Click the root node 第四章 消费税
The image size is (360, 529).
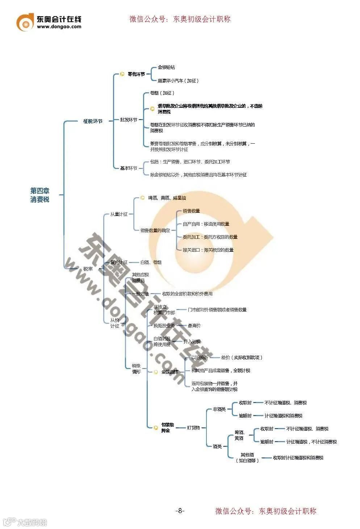(x=40, y=195)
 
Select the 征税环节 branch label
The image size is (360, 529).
(x=93, y=121)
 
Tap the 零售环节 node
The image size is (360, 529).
(x=136, y=74)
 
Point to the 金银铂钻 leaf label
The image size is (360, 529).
(x=166, y=67)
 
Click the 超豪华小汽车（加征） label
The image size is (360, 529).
(x=178, y=81)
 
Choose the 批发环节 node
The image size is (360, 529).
(x=129, y=120)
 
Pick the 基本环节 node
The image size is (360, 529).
(x=129, y=168)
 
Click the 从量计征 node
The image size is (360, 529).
(x=119, y=214)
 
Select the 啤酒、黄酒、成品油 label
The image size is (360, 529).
(x=167, y=198)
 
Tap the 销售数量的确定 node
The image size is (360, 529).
(x=155, y=230)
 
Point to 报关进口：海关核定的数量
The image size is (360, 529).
(x=208, y=250)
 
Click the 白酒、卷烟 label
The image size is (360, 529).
(x=151, y=262)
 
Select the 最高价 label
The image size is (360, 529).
(x=194, y=326)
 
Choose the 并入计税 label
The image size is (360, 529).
(x=192, y=342)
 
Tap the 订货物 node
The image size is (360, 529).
(x=193, y=428)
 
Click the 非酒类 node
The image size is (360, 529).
(x=219, y=409)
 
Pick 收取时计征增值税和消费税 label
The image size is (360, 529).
(x=298, y=458)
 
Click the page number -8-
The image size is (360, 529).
(x=180, y=511)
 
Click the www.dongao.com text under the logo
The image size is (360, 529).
(x=59, y=26)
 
